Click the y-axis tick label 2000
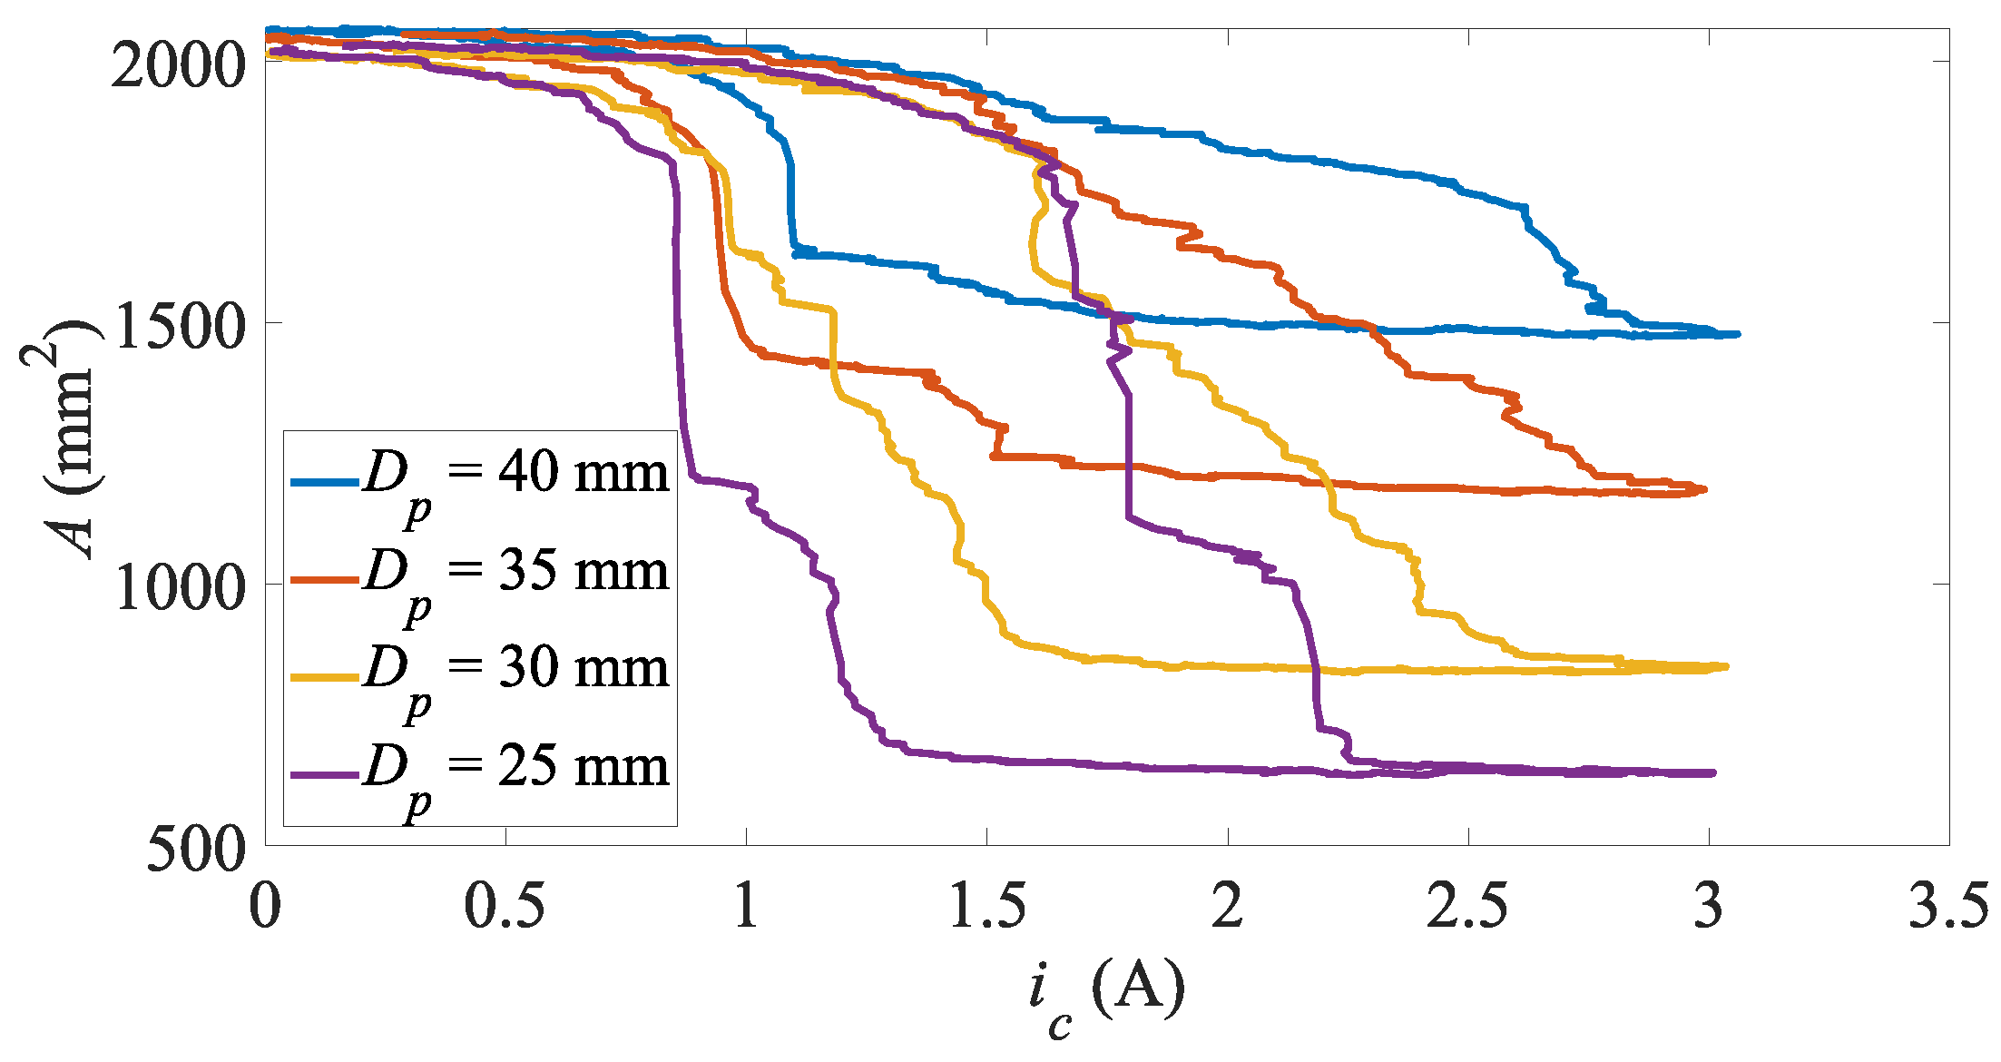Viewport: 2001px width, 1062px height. tap(178, 65)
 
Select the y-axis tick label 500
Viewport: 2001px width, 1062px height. tap(196, 850)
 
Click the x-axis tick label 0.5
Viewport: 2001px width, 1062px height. tap(505, 906)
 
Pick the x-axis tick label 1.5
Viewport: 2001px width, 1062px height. tap(987, 906)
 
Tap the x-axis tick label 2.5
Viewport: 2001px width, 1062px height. tap(1467, 906)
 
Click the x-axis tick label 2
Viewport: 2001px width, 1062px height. tap(1228, 906)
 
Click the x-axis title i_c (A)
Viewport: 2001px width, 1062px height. tap(1107, 994)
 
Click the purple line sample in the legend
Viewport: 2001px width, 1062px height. tap(324, 774)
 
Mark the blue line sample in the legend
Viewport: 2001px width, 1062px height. tap(324, 481)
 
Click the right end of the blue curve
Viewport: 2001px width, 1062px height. tap(1737, 334)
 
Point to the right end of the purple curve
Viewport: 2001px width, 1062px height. tap(1713, 773)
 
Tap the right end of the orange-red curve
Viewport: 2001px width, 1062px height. tap(1704, 489)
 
